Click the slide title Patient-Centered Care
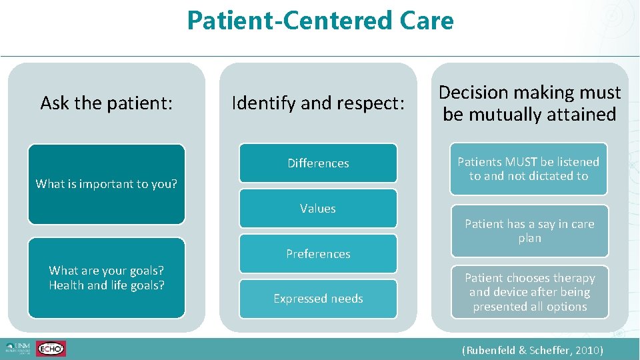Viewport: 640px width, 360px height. point(320,21)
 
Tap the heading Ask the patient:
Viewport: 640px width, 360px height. point(107,103)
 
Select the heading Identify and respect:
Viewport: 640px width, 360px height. point(318,103)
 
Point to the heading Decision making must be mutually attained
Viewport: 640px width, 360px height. point(529,103)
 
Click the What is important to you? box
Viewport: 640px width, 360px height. point(107,184)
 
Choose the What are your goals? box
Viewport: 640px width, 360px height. point(107,277)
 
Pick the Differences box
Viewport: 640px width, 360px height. point(318,163)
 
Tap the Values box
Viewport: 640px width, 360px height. point(318,209)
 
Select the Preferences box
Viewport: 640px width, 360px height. point(318,254)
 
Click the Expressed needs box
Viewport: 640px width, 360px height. point(318,299)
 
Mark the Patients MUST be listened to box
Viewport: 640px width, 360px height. point(529,169)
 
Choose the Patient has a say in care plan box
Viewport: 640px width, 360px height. point(529,231)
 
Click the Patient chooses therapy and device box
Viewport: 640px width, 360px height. point(529,292)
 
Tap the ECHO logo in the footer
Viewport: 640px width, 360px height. point(51,349)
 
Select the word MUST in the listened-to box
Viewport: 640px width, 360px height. point(521,162)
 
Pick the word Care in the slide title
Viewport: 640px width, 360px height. point(427,21)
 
